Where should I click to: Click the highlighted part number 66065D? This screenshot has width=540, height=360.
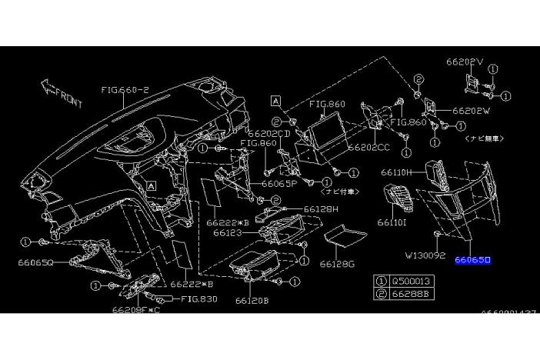pos(472,261)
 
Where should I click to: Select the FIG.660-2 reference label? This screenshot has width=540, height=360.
pos(125,89)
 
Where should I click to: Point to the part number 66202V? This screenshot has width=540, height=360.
pos(465,62)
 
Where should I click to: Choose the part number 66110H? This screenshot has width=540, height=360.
pos(398,173)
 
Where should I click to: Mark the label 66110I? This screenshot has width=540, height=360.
pos(392,223)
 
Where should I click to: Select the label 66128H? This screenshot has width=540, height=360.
pos(318,208)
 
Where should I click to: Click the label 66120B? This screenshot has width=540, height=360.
pos(252,300)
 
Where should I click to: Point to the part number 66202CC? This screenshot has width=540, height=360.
pos(368,146)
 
